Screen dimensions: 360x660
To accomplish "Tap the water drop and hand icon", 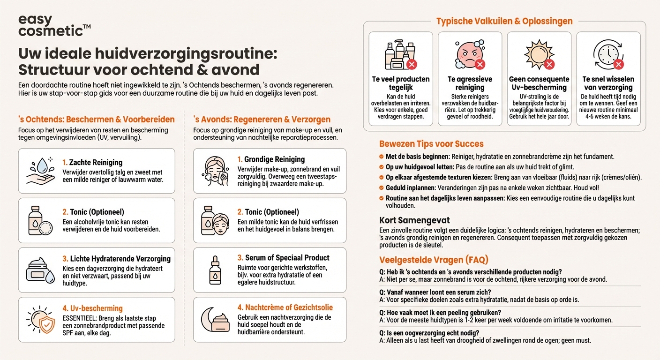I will [41, 171].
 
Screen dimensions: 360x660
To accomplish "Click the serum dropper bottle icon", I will [215, 270].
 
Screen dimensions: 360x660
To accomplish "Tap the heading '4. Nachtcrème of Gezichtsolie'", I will [285, 307].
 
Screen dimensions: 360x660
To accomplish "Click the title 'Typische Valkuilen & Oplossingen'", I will [504, 21].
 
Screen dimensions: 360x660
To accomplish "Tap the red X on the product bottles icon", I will [412, 65].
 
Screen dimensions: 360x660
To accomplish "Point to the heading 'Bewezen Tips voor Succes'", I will [431, 144].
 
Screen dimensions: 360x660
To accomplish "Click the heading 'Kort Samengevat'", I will [414, 220].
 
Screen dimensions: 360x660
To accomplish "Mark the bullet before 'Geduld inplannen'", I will [382, 187].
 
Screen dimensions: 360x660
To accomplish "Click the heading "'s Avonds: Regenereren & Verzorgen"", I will [262, 120].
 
